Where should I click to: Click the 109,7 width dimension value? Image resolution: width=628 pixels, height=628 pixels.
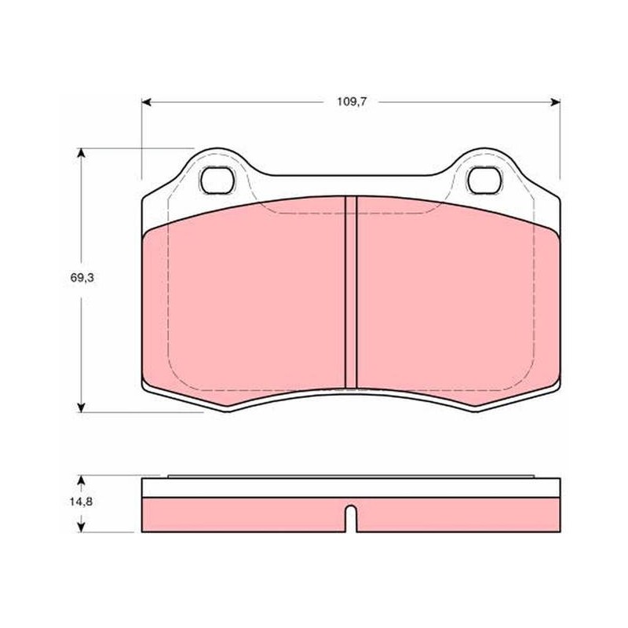click(352, 102)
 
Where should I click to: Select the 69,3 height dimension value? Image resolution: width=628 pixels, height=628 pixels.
click(82, 278)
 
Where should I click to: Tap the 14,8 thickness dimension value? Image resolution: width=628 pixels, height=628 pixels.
click(82, 502)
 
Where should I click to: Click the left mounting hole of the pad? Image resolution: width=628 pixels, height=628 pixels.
click(217, 181)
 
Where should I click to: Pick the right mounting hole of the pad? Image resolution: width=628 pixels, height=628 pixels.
click(484, 181)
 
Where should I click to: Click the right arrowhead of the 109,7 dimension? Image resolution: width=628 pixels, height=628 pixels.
click(556, 103)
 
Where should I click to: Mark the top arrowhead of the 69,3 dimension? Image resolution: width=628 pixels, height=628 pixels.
click(82, 153)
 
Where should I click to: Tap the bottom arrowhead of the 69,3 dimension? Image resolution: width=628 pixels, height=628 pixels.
click(82, 407)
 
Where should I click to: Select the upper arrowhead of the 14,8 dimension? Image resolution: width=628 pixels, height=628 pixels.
click(82, 480)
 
